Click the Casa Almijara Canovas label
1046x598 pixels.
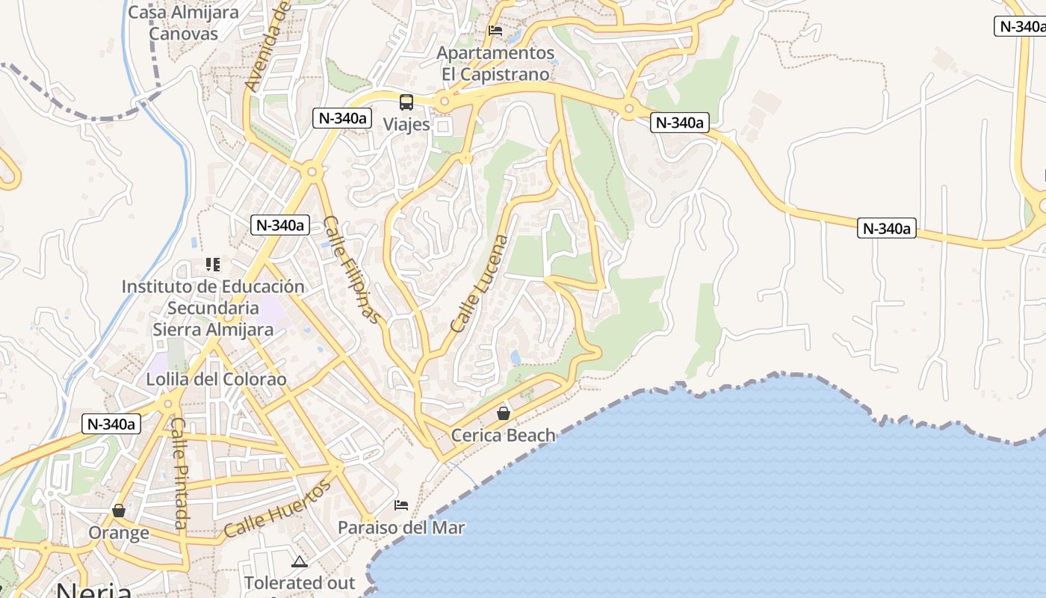[183, 22]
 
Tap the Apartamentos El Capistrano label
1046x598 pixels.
[495, 64]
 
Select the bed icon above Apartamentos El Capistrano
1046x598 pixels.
[495, 31]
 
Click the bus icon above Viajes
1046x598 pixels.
[406, 102]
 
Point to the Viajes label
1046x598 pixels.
[406, 124]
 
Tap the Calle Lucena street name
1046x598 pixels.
[480, 284]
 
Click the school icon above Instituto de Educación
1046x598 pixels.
[213, 265]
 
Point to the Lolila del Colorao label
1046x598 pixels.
[216, 379]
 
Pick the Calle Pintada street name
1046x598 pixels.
[179, 472]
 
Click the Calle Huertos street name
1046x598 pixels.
[277, 510]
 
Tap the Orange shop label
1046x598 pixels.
[119, 533]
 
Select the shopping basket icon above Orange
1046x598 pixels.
[119, 511]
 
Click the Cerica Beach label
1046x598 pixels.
[504, 435]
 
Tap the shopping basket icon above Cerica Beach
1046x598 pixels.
[504, 413]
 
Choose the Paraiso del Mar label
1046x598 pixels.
[401, 528]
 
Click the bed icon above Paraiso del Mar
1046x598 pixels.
[401, 505]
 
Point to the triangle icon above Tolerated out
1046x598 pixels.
[300, 561]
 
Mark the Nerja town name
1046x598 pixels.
[93, 590]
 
